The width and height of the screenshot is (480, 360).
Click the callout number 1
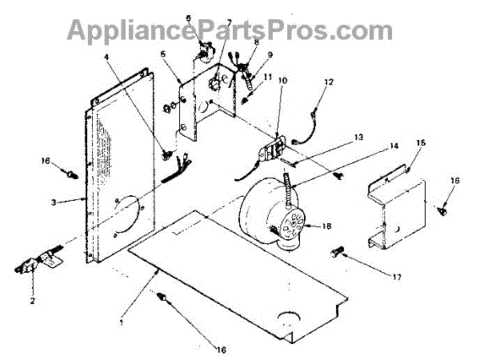coord(121,323)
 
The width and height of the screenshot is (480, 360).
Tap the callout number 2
coord(33,302)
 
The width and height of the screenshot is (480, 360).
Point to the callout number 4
coord(107,57)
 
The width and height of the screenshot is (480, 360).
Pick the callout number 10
coord(283,81)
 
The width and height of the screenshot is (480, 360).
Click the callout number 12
coord(328,83)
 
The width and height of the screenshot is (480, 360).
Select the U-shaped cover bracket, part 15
coord(396,208)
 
